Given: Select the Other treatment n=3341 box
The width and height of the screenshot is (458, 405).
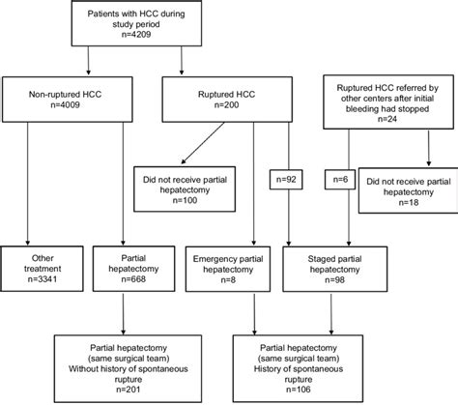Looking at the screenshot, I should (x=39, y=267).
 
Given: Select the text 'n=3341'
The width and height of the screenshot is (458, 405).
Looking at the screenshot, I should (x=39, y=280).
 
